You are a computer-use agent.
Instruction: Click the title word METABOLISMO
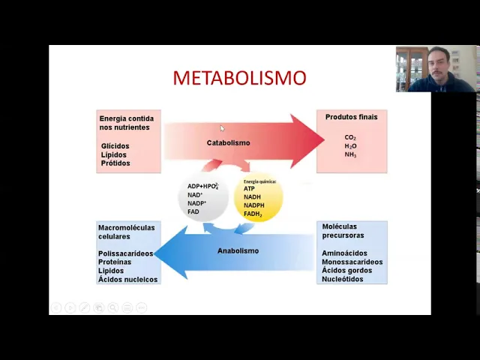click(239, 78)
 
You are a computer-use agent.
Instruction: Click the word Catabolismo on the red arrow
click(228, 142)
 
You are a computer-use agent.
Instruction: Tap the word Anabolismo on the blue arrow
click(238, 250)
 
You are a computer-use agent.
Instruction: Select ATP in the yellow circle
click(249, 188)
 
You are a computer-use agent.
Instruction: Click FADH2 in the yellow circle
click(253, 214)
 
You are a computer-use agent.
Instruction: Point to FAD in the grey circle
click(193, 212)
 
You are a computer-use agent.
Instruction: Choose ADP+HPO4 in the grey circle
click(202, 186)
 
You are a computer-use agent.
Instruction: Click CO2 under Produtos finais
click(350, 138)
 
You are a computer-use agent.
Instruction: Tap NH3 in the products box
click(350, 154)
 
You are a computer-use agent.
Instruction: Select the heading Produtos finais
click(351, 117)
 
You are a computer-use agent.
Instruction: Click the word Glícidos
click(115, 146)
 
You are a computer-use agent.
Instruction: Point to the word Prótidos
click(115, 163)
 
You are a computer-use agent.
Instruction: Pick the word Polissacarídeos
click(125, 253)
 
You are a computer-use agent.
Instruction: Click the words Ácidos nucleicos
click(127, 279)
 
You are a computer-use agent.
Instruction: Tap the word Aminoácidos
click(345, 253)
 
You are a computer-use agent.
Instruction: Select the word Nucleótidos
click(343, 279)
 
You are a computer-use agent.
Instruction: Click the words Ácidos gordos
click(346, 270)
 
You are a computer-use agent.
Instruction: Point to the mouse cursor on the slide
click(222, 128)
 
